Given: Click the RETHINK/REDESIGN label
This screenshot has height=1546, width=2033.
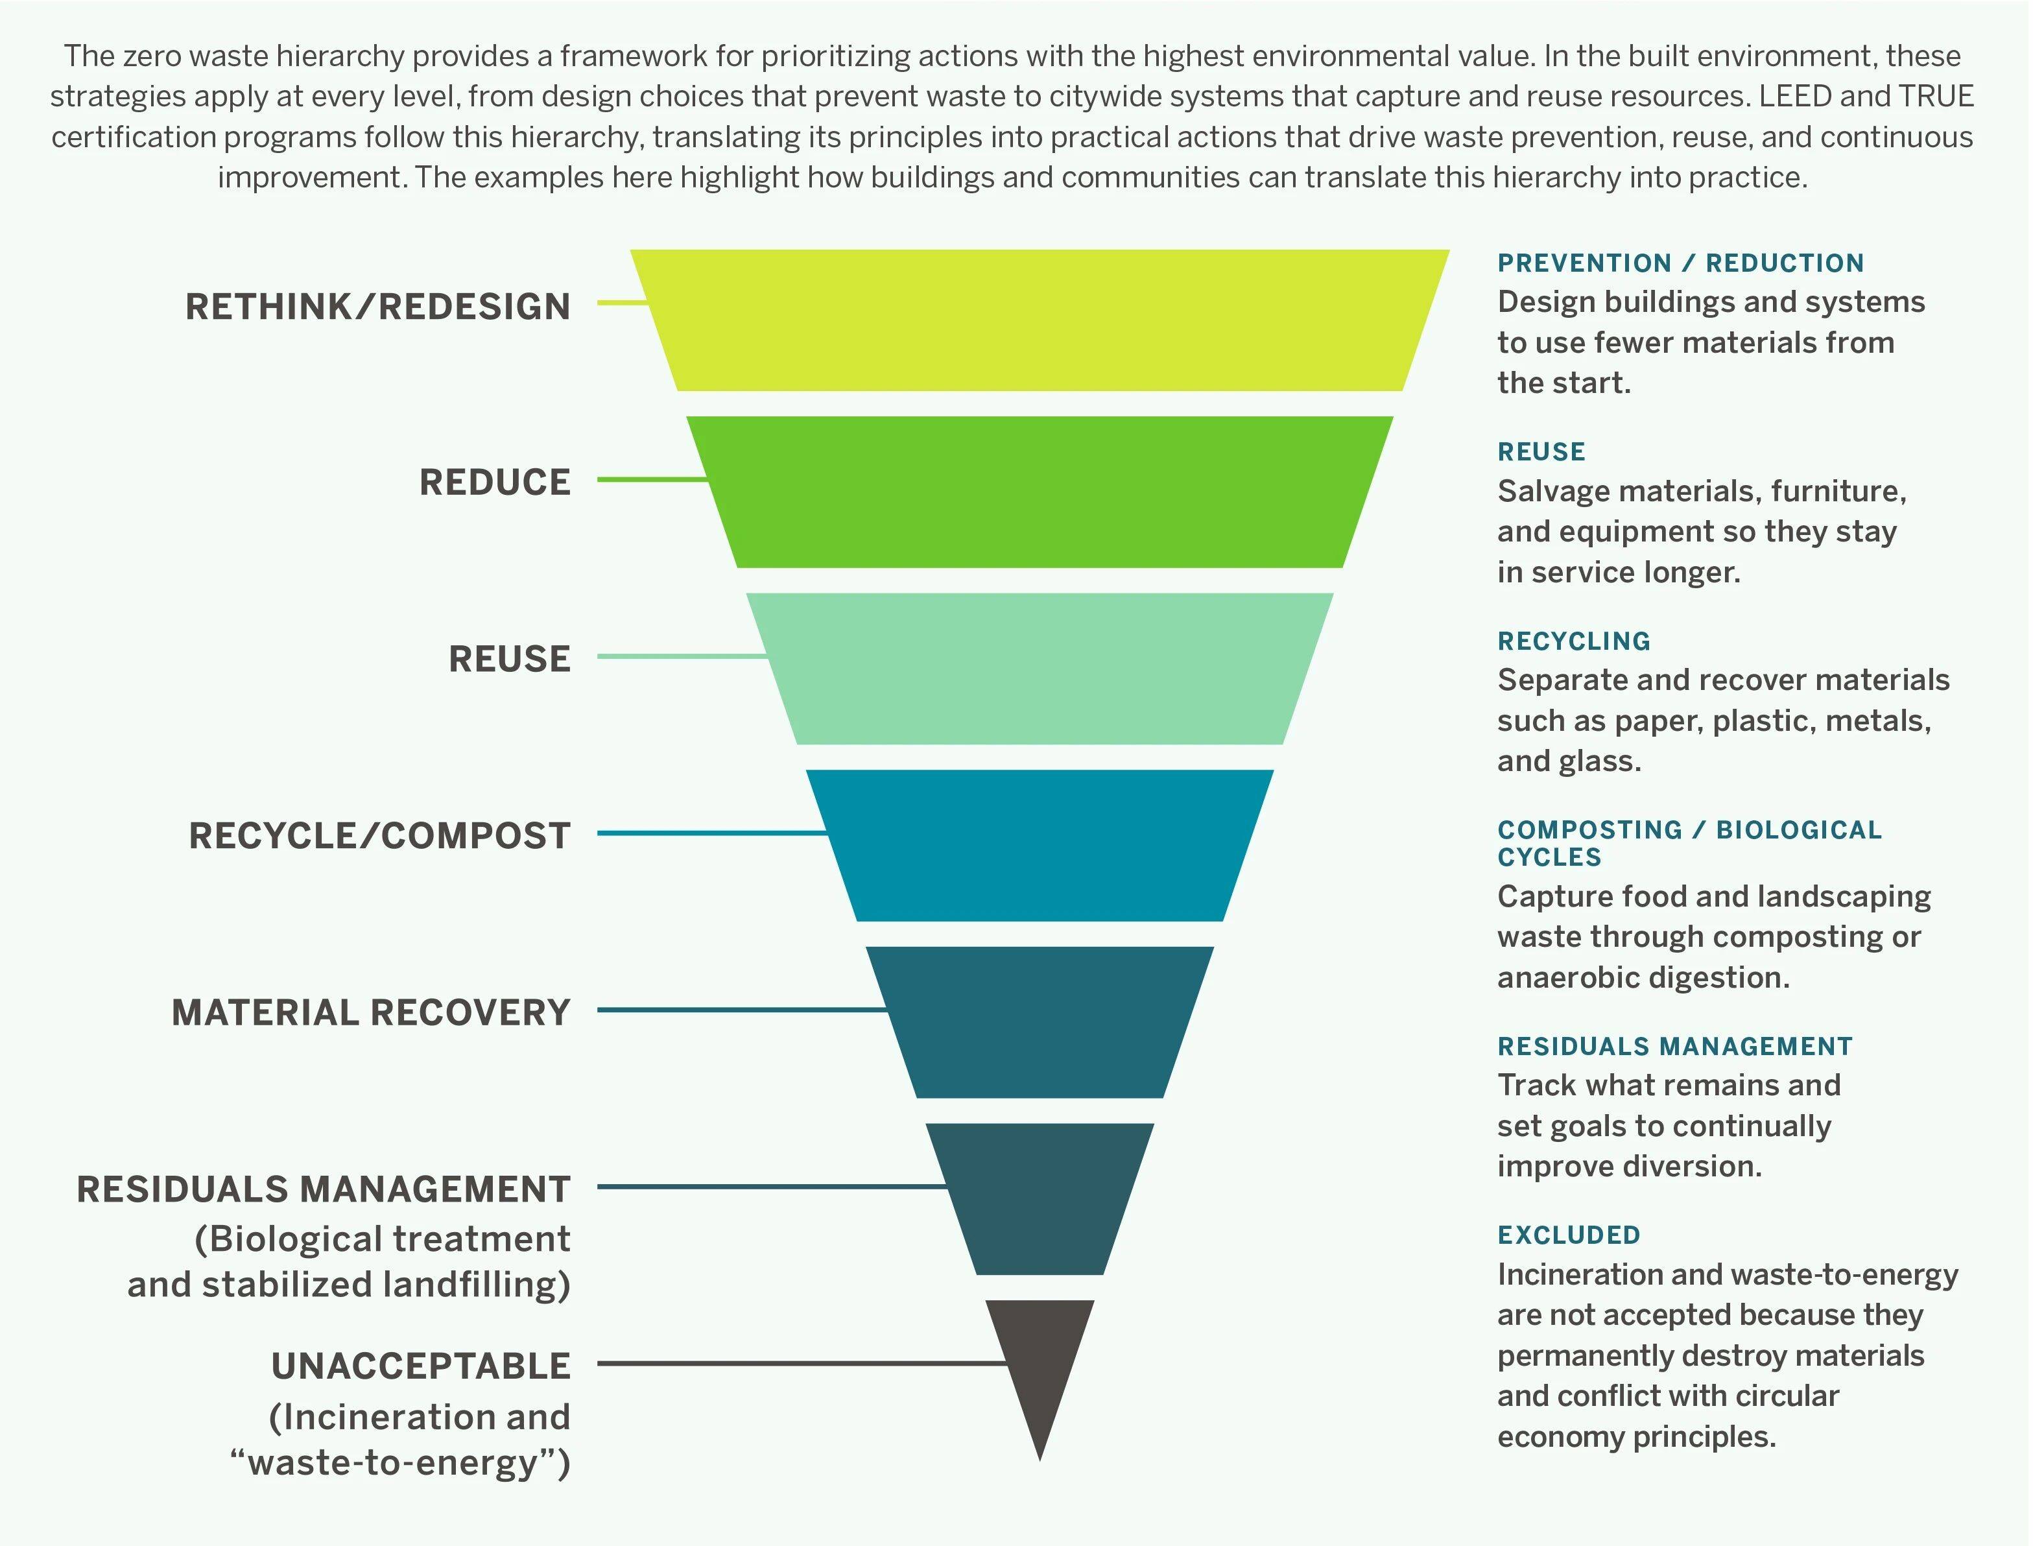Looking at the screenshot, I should pyautogui.click(x=377, y=307).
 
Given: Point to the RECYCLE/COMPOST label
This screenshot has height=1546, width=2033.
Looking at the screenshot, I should pyautogui.click(x=379, y=835).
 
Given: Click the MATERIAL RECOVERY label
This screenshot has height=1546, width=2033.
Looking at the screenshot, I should pyautogui.click(x=371, y=1012).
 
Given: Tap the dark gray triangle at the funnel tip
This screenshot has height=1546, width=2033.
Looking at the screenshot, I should pyautogui.click(x=1040, y=1362).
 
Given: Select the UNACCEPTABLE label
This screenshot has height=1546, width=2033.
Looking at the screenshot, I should pyautogui.click(x=421, y=1366).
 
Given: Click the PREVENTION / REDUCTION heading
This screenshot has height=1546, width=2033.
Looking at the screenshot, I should pyautogui.click(x=1680, y=263).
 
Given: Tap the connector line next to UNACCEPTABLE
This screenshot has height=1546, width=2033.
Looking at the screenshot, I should pyautogui.click(x=801, y=1363).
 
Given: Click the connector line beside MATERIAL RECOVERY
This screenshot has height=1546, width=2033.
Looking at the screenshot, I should pyautogui.click(x=741, y=1010).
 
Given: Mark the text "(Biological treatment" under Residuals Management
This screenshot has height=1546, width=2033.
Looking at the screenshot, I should pyautogui.click(x=382, y=1239).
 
